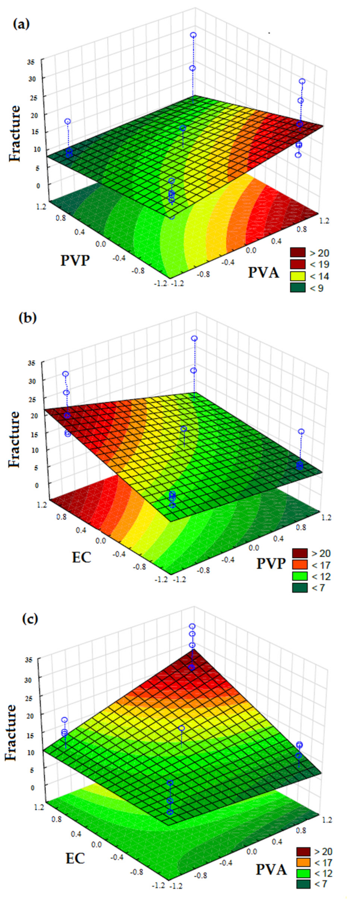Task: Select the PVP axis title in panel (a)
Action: click(x=75, y=260)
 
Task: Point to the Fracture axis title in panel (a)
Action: click(x=15, y=133)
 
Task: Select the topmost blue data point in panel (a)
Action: click(x=193, y=35)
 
